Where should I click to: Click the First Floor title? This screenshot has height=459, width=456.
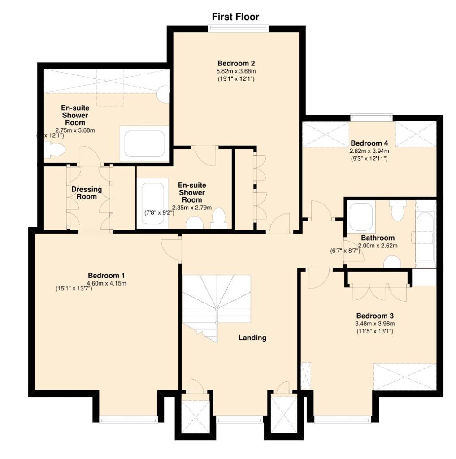pos(235,17)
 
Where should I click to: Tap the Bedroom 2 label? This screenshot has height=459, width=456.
pos(236,63)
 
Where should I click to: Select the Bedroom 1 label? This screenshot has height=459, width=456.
pos(106,276)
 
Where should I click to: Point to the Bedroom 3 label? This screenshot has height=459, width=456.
pos(375,316)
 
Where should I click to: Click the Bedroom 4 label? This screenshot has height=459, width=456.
pos(369,143)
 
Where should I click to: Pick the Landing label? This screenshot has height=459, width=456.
pos(252,338)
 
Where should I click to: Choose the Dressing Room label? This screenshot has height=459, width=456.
pos(87,193)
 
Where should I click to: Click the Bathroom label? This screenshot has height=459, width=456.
pos(378,238)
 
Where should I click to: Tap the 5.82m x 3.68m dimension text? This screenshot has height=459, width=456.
pos(236,71)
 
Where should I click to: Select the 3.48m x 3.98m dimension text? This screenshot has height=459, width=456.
pos(375,324)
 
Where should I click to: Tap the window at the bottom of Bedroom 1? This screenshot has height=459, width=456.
pos(128,419)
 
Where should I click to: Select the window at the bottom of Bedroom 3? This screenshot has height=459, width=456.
pos(343,419)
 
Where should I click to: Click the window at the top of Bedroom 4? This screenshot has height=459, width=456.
pos(372,117)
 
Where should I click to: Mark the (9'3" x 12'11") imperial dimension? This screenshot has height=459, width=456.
pos(369,159)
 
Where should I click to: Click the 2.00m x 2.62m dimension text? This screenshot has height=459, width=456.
pos(378,246)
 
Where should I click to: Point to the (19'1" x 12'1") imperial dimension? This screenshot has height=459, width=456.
pos(236,79)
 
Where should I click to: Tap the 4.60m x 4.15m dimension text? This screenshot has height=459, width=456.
pos(107,283)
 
